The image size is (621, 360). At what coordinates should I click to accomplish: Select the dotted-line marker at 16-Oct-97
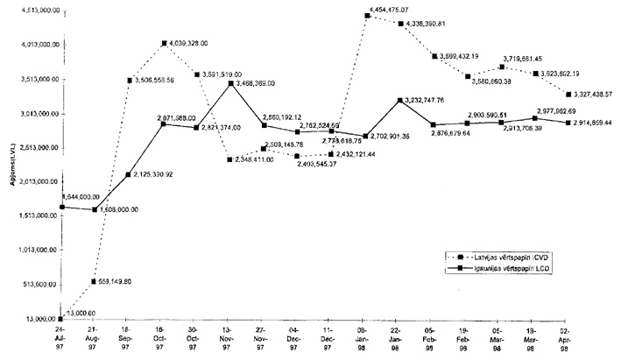[x=164, y=44]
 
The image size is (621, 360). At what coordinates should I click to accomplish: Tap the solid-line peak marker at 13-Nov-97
[x=229, y=83]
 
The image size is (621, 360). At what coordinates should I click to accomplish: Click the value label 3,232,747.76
[x=427, y=101]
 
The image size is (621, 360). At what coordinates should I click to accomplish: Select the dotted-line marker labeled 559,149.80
[x=94, y=281]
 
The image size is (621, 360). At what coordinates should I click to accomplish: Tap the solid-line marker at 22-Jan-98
[x=399, y=101]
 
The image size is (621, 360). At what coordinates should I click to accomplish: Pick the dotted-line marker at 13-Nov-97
[x=229, y=159]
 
